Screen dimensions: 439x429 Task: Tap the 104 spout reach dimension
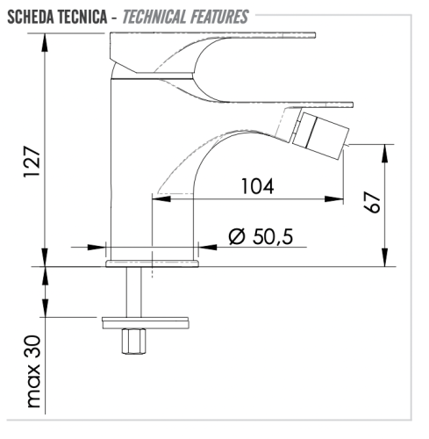tap(256, 186)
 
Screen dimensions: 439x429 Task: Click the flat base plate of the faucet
tap(152, 263)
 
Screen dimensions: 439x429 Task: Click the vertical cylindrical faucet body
tap(129, 167)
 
